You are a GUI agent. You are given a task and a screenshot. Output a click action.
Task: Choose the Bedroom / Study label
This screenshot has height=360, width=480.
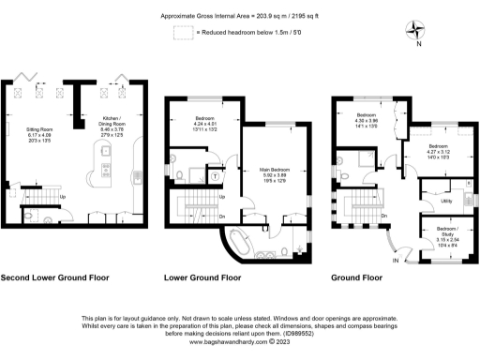[x=441, y=229]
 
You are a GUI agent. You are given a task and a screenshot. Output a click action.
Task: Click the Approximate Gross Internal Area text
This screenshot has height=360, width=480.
[x=239, y=16]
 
